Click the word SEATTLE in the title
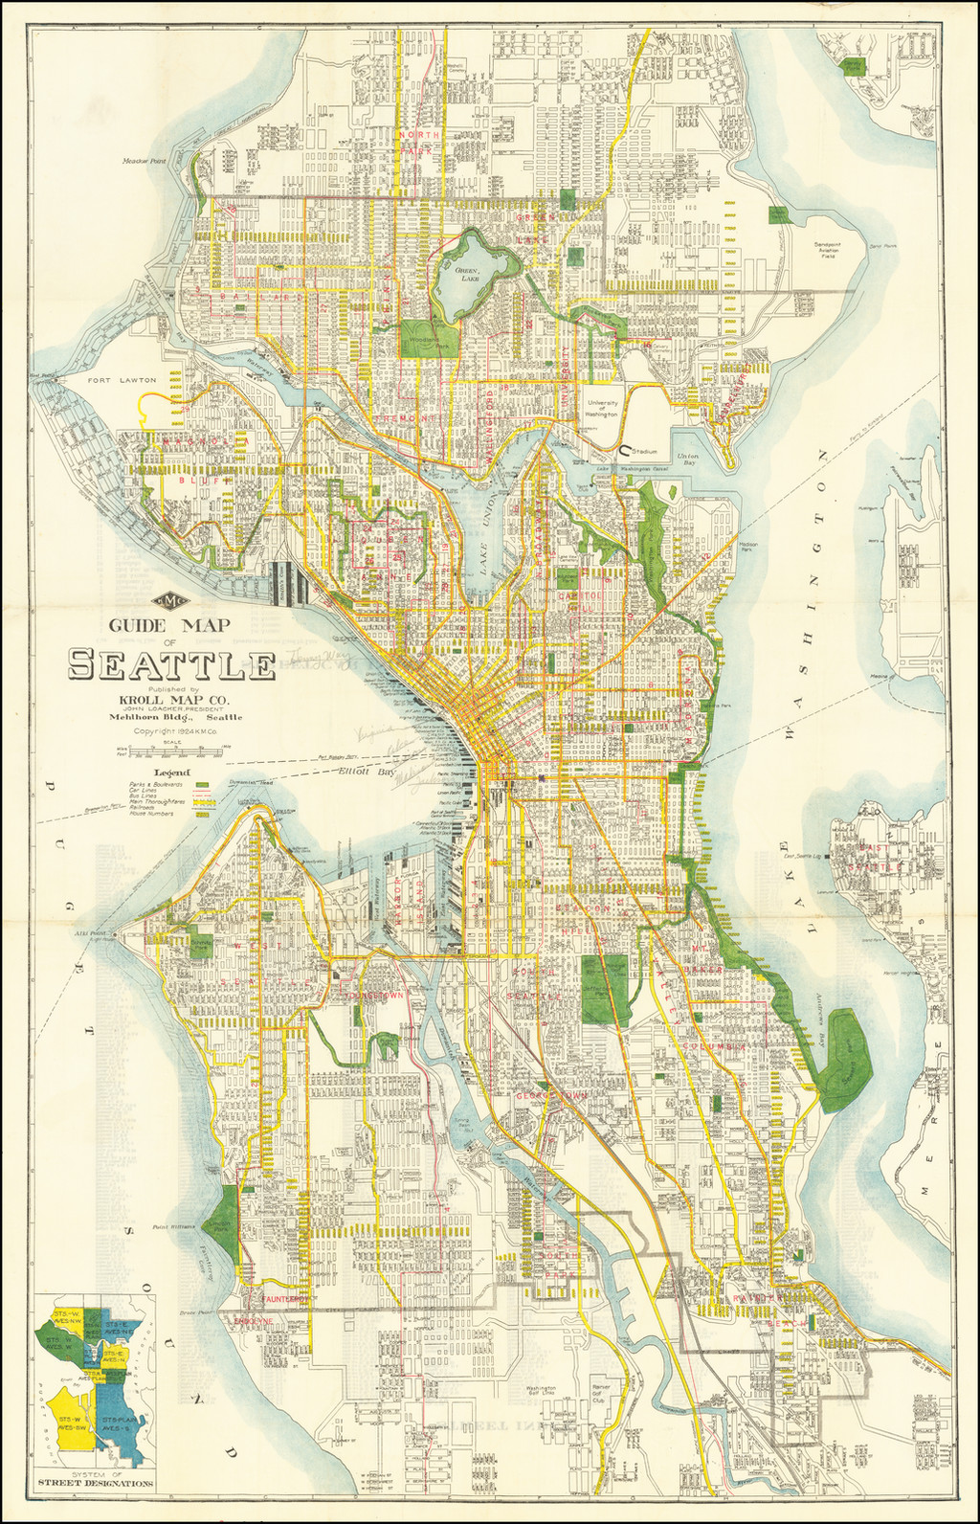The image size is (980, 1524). click(170, 663)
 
